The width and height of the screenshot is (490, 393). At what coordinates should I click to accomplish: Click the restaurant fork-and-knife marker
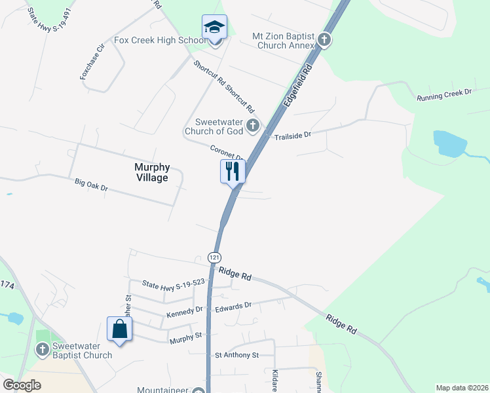tap(232, 172)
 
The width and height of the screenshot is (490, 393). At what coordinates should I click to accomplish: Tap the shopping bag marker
tap(119, 329)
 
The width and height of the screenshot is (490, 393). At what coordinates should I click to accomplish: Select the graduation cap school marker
tap(214, 28)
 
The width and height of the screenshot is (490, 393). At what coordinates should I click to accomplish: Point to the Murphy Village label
tap(151, 172)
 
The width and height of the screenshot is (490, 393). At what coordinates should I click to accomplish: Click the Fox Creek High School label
tap(161, 40)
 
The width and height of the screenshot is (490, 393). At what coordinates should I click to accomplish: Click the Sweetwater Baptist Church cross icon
tap(42, 351)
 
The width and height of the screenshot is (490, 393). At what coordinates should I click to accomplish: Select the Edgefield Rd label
tap(297, 84)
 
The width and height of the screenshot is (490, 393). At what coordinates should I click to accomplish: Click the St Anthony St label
tap(237, 355)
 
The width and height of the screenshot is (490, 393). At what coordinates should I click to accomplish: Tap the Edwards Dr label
tap(234, 306)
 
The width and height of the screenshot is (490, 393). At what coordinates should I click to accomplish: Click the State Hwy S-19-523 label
tap(174, 283)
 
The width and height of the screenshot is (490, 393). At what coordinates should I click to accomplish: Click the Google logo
tap(22, 384)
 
